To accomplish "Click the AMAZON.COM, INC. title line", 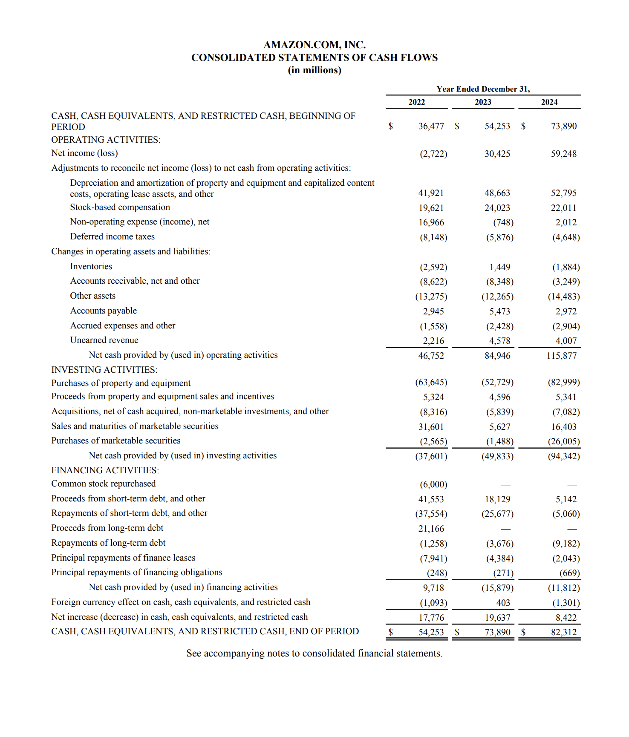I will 314,45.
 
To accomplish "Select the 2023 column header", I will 483,102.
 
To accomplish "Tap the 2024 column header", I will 549,102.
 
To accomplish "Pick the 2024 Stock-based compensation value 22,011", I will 563,208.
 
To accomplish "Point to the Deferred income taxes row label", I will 112,236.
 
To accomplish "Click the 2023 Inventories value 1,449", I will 499,267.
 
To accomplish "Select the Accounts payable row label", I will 103,311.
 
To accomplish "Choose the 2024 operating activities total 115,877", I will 561,356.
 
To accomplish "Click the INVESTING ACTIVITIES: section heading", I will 104,370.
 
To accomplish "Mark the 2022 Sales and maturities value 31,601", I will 431,427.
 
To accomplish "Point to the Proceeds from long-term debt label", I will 107,528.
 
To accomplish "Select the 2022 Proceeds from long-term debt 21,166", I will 431,529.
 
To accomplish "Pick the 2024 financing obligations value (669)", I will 569,573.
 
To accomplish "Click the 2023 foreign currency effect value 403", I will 503,603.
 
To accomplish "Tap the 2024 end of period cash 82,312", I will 563,632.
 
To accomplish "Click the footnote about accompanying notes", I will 314,654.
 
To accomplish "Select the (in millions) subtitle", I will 314,70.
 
